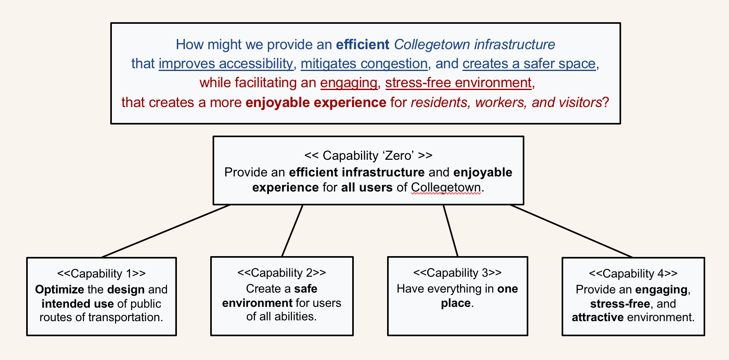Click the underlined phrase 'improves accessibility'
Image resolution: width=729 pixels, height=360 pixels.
226,63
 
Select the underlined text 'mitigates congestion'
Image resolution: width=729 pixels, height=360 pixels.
364,63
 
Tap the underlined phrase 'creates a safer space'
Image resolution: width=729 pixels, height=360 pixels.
529,63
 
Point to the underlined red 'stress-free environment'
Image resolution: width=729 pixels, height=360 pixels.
459,83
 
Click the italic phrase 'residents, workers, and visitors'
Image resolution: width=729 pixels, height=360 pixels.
506,102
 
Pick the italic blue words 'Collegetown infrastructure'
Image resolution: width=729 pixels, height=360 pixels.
474,44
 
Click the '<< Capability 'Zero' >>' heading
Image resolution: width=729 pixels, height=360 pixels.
368,155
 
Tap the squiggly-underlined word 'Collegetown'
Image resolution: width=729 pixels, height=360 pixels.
446,187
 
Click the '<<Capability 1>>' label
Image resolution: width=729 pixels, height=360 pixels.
102,274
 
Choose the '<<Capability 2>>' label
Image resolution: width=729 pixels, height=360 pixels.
282,273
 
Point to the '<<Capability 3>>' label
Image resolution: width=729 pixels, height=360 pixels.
457,273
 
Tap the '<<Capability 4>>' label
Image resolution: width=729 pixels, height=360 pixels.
633,274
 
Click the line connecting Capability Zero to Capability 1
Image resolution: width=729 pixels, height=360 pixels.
166,231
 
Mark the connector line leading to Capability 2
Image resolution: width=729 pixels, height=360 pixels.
292,231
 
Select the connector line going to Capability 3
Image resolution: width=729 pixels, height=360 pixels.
451,231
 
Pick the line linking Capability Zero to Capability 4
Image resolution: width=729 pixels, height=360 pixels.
572,231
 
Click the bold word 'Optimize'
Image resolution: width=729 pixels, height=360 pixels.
59,289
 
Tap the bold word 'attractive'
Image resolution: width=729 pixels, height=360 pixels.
598,317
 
